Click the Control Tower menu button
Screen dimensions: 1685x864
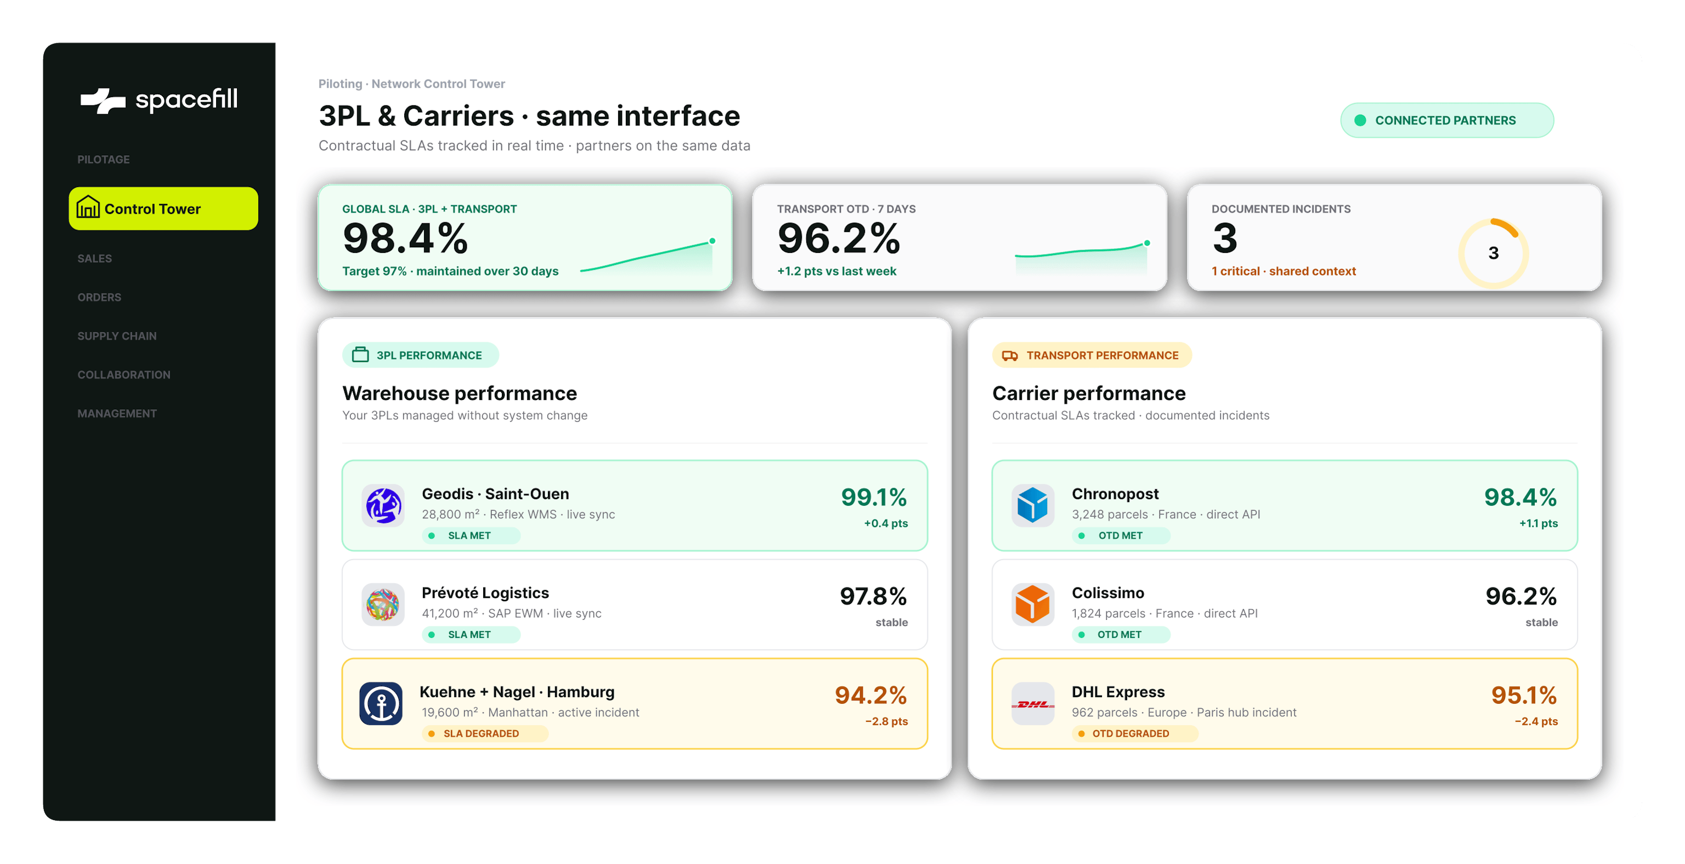[163, 208]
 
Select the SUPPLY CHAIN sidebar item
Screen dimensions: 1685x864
[117, 336]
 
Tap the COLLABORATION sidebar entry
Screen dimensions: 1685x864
[123, 375]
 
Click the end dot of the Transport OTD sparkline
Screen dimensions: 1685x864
[1147, 244]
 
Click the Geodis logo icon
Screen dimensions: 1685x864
[383, 506]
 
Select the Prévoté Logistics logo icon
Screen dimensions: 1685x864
[383, 605]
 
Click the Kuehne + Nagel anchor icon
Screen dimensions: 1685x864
[381, 704]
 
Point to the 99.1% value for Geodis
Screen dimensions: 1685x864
[874, 497]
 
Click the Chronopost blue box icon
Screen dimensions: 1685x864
[1033, 506]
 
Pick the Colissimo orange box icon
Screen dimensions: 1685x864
[1033, 605]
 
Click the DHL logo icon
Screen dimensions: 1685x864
[1033, 704]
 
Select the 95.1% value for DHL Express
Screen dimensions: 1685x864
[1524, 695]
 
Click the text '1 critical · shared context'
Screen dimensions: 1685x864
[1283, 271]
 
